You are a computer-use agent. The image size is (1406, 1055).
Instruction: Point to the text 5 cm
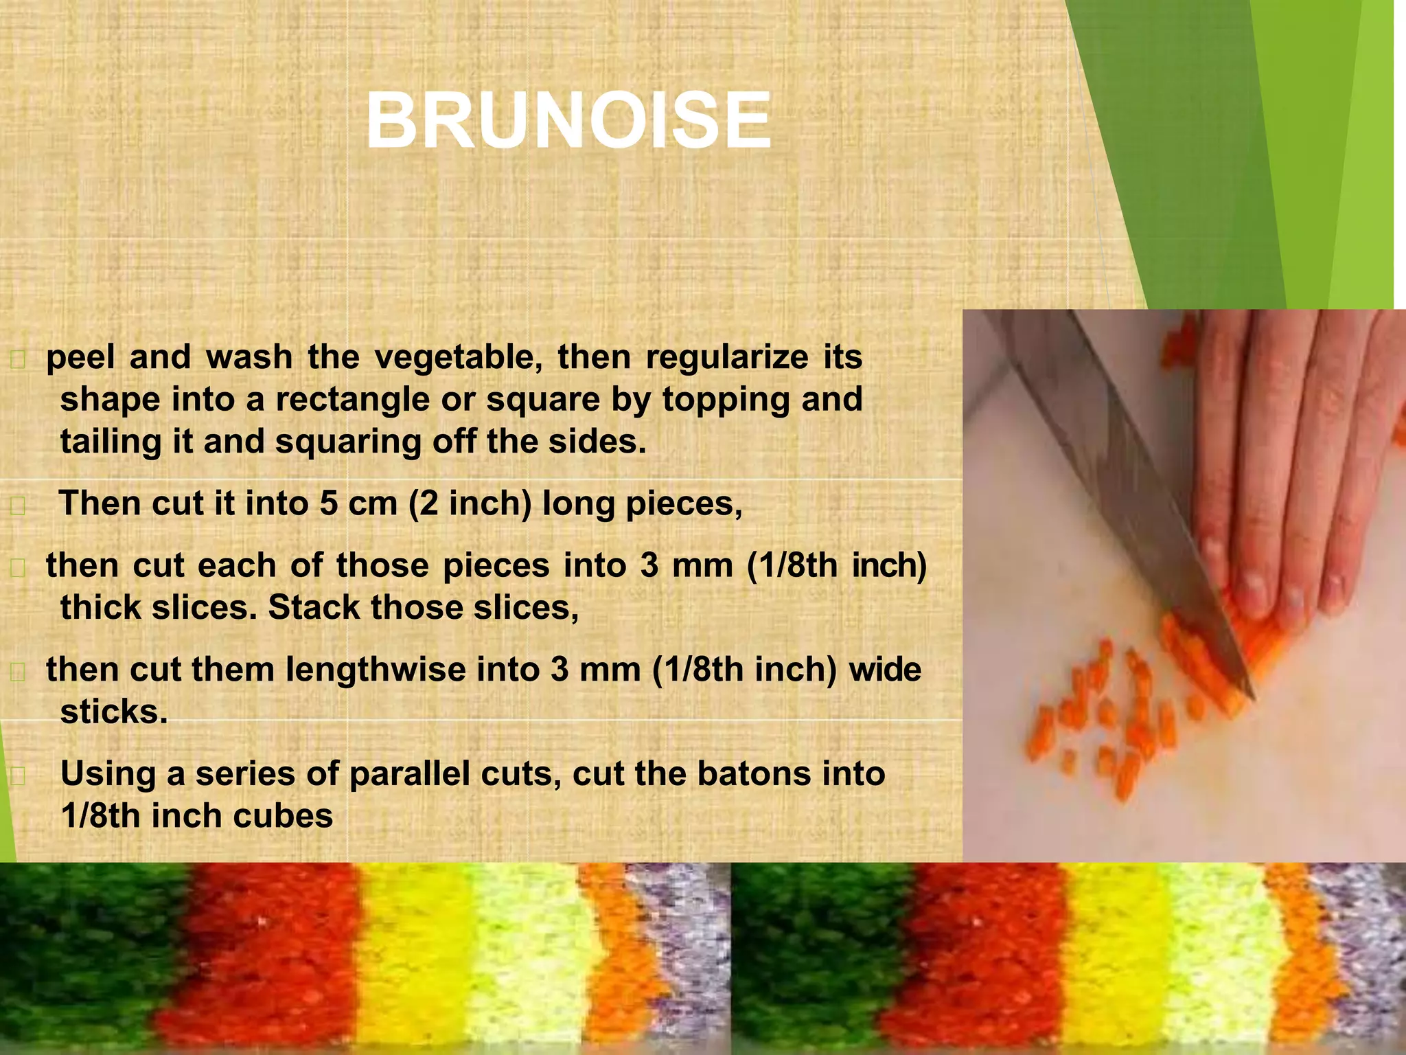(x=358, y=503)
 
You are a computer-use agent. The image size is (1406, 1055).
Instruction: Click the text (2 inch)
(x=470, y=503)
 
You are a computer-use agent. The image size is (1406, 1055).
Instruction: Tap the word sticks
(x=114, y=712)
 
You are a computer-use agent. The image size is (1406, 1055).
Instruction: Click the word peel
(x=80, y=357)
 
